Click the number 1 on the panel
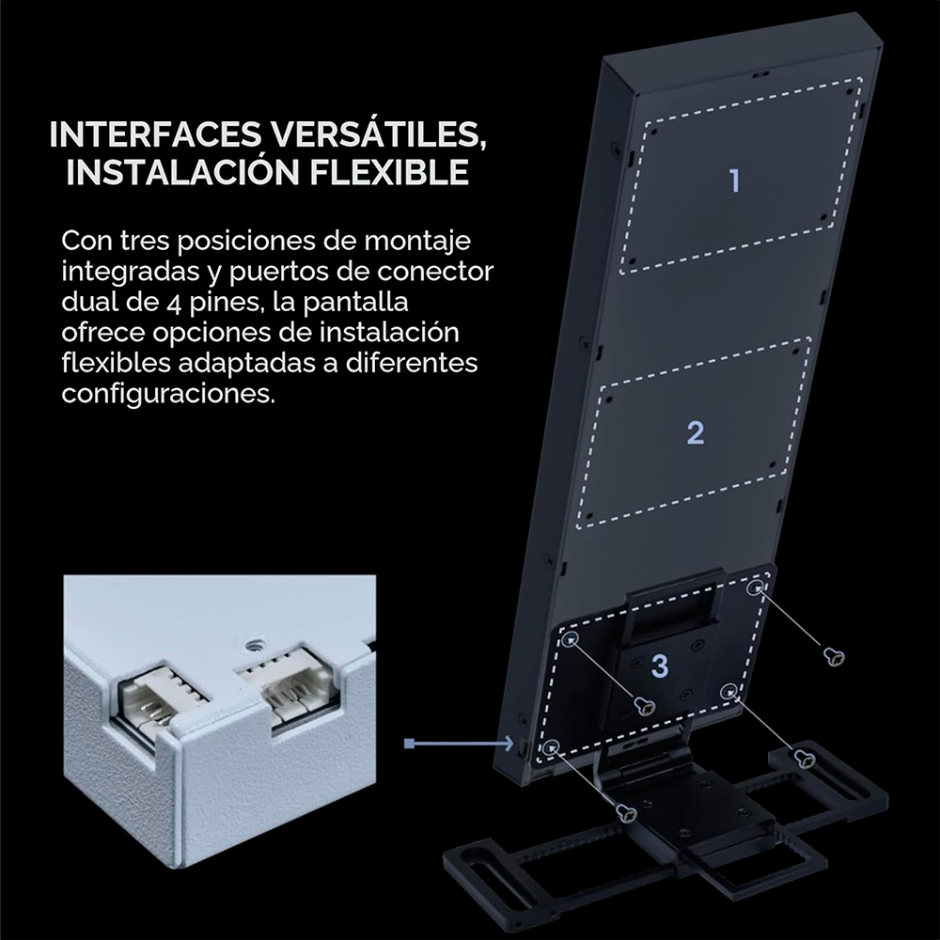click(x=734, y=180)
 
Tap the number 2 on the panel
click(x=696, y=432)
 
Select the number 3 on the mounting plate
click(x=660, y=666)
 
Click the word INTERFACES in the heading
click(x=155, y=134)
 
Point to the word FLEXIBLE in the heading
click(x=389, y=171)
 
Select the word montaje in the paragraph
click(x=418, y=242)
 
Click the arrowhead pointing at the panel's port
click(x=509, y=744)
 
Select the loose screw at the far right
click(x=834, y=656)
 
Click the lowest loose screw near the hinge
click(x=626, y=813)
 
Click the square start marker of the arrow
click(x=410, y=744)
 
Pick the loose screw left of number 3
click(x=645, y=706)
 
